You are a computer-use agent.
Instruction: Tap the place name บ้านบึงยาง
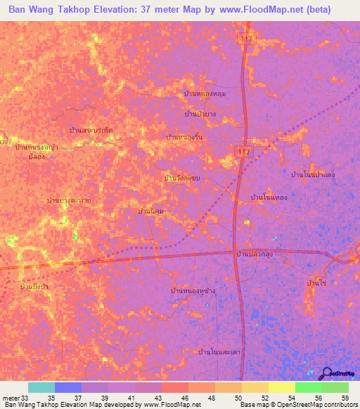[x=199, y=114]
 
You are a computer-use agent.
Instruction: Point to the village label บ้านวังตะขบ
[x=182, y=178]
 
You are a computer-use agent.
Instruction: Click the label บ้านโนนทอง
[x=269, y=198]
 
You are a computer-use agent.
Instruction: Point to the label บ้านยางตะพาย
[x=69, y=201]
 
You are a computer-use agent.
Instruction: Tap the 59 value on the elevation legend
[x=345, y=397]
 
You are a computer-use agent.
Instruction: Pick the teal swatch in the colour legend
[x=41, y=387]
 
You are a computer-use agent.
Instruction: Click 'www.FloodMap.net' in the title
[x=247, y=11]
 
